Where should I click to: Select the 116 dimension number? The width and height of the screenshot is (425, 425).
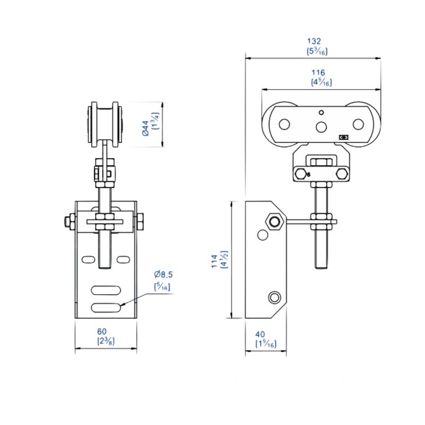[319, 72]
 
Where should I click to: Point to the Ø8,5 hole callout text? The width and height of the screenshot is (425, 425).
[164, 275]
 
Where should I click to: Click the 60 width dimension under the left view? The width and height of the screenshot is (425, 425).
[105, 331]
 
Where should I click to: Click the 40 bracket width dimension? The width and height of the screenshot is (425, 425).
[260, 334]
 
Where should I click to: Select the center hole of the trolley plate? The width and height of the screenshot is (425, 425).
[321, 126]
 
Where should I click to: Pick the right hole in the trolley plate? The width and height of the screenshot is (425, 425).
[358, 124]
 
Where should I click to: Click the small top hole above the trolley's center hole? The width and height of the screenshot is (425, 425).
[320, 112]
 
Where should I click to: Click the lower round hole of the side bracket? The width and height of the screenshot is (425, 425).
[275, 297]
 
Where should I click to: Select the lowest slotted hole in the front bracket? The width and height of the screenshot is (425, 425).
[106, 307]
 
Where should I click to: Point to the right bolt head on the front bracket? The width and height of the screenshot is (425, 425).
[141, 222]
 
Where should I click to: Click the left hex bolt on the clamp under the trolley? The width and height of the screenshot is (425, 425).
[303, 174]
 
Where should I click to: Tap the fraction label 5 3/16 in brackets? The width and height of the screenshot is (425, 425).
[317, 52]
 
